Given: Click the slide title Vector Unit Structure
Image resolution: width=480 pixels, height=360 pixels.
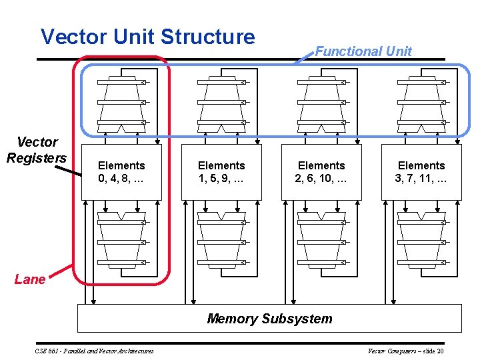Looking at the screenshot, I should click(x=148, y=36).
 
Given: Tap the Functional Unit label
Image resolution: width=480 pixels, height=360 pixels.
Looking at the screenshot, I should click(x=363, y=51).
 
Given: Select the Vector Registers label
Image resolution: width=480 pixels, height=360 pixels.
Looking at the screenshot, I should click(x=37, y=150).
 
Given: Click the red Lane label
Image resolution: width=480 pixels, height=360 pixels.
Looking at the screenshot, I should click(x=30, y=279).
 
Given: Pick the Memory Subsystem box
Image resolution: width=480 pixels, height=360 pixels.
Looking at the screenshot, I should click(x=269, y=318).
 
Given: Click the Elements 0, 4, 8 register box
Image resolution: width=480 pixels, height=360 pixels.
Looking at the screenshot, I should click(x=121, y=172).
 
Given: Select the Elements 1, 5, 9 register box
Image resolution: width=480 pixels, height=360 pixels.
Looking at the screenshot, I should click(x=221, y=172).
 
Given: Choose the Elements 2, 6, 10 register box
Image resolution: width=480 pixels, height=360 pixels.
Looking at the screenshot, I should click(x=321, y=172).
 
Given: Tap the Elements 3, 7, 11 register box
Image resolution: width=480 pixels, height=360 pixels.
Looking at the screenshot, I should click(x=421, y=172).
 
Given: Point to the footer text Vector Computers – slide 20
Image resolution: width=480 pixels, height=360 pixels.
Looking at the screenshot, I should click(x=406, y=351).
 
